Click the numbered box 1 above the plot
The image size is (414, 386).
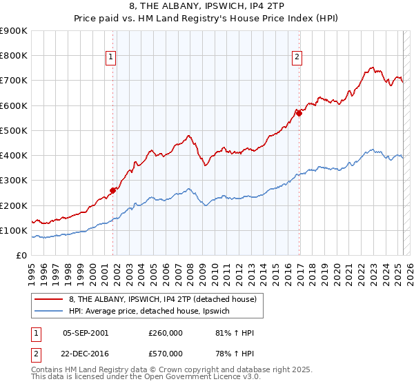tap(110, 57)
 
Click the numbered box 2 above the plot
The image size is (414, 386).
tap(297, 57)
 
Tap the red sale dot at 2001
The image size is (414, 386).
tap(112, 190)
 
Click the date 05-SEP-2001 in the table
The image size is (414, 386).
tap(86, 333)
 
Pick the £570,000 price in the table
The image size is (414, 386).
tap(165, 353)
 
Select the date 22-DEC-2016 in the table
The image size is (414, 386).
tap(86, 353)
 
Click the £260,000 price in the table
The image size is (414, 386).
tap(165, 333)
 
